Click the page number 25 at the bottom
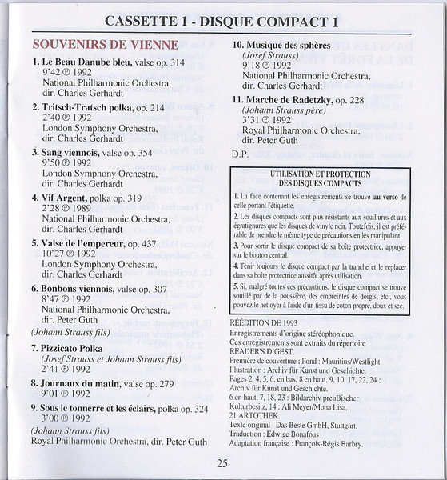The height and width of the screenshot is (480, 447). pyautogui.click(x=223, y=462)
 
